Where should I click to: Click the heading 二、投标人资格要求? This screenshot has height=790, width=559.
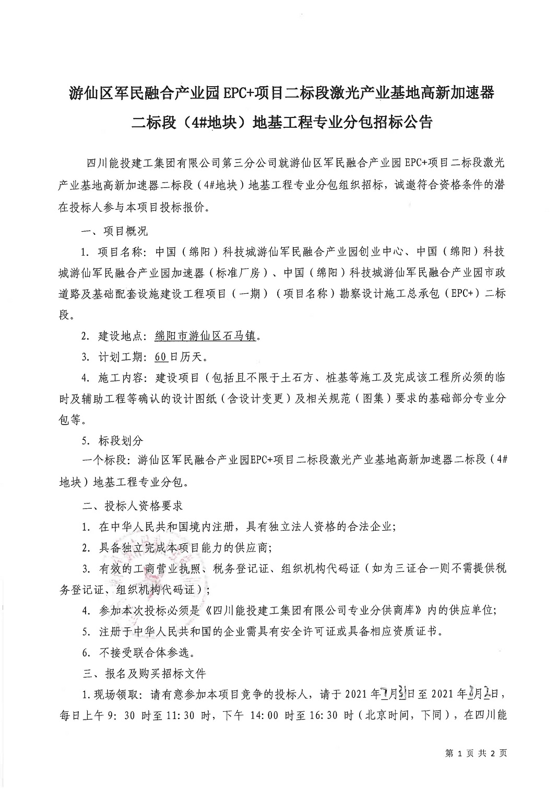pyautogui.click(x=133, y=506)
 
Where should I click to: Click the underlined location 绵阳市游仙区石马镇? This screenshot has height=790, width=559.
pyautogui.click(x=205, y=337)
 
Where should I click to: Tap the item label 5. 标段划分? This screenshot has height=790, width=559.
pyautogui.click(x=112, y=440)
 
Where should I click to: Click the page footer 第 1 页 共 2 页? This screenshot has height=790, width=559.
pyautogui.click(x=475, y=753)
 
